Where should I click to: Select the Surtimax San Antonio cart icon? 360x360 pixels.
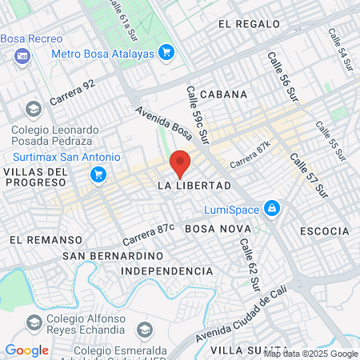pos(99,174)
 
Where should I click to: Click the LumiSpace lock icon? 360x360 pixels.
pos(272,208)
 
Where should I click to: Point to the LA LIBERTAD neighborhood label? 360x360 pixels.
pos(194,186)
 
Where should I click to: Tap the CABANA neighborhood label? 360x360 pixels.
pos(224,94)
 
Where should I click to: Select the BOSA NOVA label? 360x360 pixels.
pos(213,229)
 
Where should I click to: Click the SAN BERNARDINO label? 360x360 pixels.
pos(113,255)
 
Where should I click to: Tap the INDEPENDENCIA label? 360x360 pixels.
pos(167,272)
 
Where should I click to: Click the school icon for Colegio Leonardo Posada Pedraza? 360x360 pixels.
pos(33,108)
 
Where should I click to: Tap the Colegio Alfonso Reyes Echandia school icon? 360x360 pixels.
pos(33,322)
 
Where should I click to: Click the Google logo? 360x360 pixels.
pos(26,350)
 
